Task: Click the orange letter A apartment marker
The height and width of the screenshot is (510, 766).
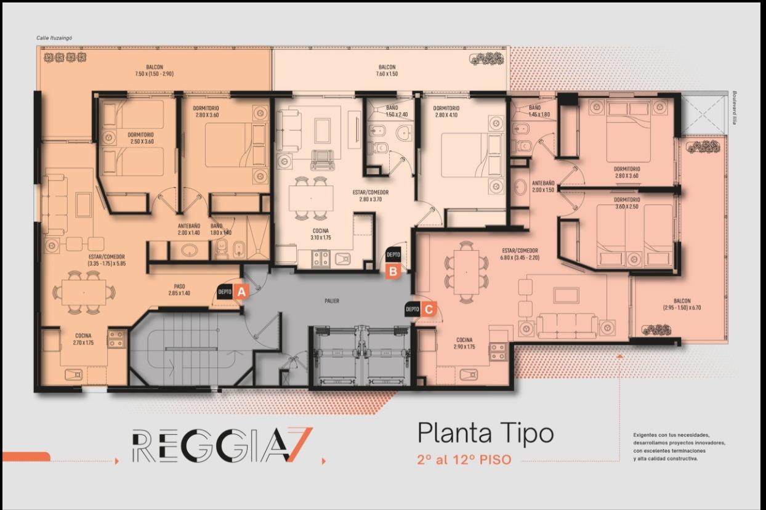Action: click(x=241, y=292)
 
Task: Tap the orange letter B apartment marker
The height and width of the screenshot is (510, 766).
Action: click(x=393, y=271)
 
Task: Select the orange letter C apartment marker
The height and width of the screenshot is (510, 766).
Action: click(x=428, y=310)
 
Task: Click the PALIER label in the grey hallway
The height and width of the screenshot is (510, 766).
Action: click(x=332, y=301)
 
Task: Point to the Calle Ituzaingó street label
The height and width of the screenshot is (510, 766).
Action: click(x=54, y=38)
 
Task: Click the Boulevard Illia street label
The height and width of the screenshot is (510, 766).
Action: click(x=735, y=108)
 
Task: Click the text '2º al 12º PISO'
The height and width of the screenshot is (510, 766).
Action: click(x=464, y=459)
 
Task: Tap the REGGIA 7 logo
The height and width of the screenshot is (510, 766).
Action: click(x=222, y=445)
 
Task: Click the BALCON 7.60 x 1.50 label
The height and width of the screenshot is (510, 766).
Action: click(x=387, y=70)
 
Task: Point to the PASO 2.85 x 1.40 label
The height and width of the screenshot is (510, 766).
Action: click(x=179, y=289)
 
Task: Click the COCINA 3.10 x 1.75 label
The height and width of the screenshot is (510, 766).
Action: click(x=320, y=234)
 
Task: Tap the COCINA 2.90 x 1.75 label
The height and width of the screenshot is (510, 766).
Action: click(x=464, y=344)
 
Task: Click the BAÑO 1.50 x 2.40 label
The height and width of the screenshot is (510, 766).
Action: click(x=397, y=111)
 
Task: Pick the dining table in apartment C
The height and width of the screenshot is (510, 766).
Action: click(x=466, y=272)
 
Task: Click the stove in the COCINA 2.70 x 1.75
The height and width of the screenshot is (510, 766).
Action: click(x=116, y=339)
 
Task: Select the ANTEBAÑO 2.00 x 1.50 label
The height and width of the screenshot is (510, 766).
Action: click(x=543, y=187)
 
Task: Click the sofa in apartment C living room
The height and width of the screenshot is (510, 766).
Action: click(x=566, y=326)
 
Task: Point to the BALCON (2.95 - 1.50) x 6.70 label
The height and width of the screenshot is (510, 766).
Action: click(x=682, y=304)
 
